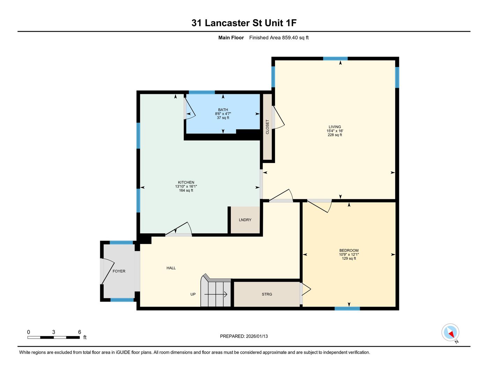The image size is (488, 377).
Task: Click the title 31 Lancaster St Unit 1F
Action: pos(244,23)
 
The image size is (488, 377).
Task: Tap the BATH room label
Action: pos(223,110)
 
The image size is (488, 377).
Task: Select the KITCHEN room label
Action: pos(186,182)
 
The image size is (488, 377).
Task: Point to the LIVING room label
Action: pos(335,127)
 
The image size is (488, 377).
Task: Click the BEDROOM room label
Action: pos(349,250)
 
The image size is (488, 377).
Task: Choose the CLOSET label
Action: pos(267,127)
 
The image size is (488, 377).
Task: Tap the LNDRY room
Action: pos(245,220)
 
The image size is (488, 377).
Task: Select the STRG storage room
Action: pos(267,294)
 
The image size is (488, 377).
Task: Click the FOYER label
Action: pos(119,271)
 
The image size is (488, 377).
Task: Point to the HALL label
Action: pos(171,268)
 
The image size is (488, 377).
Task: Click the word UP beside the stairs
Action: pos(193,294)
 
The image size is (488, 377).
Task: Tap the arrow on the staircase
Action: pos(216,294)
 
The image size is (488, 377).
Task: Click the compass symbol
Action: pos(450,332)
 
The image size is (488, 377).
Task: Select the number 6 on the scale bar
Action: pos(80,332)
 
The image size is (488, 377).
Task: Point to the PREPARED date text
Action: pos(244,336)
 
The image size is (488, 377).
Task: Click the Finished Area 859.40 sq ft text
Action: pos(279,37)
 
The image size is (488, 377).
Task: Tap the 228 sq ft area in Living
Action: pos(335,135)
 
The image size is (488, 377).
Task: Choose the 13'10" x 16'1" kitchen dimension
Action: pos(186,186)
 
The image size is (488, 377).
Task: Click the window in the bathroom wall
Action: pos(202,92)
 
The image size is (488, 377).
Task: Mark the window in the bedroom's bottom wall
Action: pos(347,309)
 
